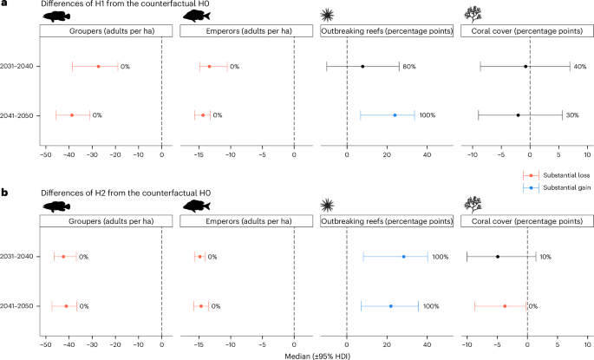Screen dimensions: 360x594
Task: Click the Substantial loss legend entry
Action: (x=559, y=176)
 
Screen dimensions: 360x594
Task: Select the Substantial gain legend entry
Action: (x=559, y=187)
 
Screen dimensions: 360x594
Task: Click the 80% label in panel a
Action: (x=409, y=67)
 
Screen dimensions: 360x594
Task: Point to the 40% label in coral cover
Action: (x=579, y=67)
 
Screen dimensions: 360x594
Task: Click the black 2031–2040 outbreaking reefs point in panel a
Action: (x=362, y=67)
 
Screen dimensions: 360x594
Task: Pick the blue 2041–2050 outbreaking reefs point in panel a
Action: (x=395, y=115)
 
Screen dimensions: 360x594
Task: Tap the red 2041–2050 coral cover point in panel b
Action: (x=505, y=305)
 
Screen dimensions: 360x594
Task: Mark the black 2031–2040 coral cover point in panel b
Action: (x=497, y=257)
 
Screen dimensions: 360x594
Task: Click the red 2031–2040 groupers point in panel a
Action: (x=98, y=67)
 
